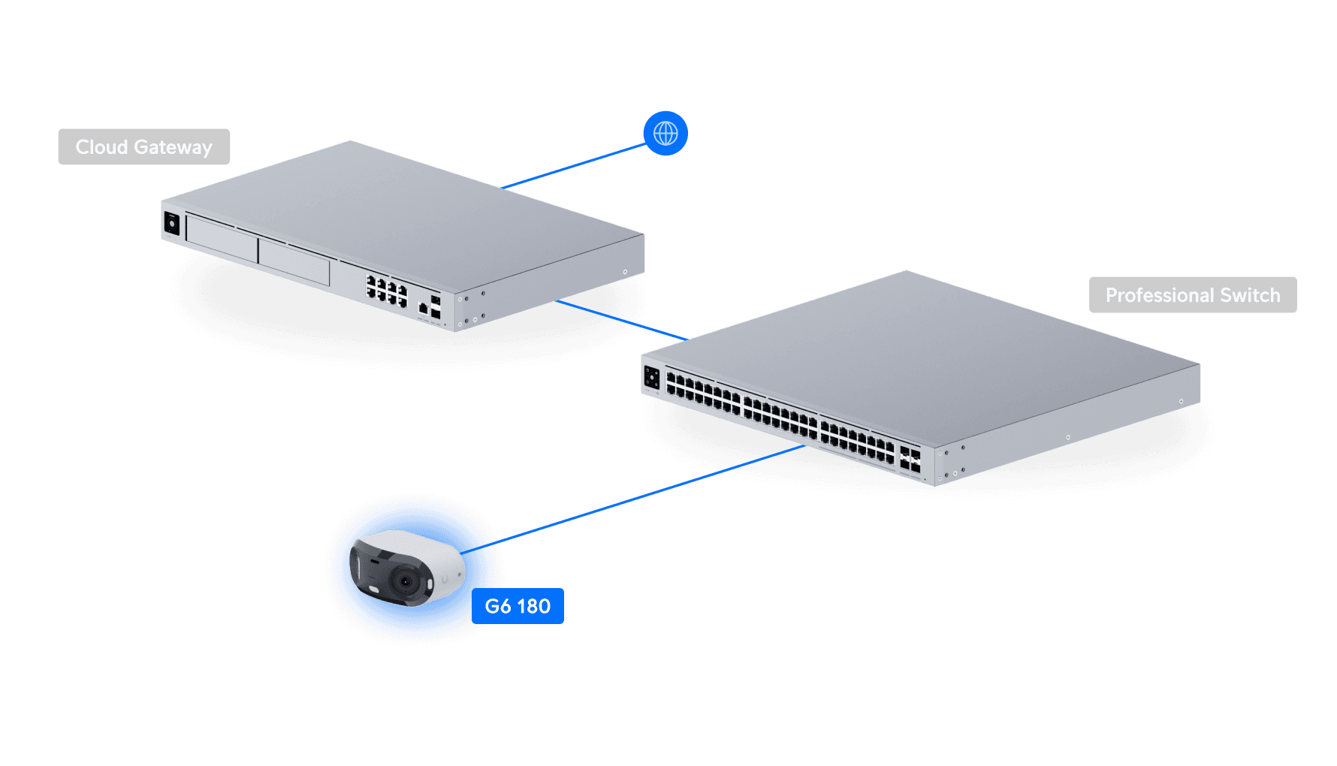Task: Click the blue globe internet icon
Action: [665, 134]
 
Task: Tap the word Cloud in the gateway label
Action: [101, 147]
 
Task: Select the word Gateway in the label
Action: [173, 147]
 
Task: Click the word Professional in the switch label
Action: [1159, 295]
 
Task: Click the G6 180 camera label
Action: [518, 606]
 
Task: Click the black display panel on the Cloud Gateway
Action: [172, 224]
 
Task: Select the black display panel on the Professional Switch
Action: [652, 378]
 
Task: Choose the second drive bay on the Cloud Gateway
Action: [294, 262]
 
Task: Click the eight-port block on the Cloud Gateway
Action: [386, 291]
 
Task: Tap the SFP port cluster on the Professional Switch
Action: [910, 460]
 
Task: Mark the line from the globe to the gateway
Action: [575, 165]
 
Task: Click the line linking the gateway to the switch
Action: [620, 320]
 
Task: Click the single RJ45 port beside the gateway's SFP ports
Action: [423, 308]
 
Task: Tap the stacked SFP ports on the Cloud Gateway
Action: [436, 307]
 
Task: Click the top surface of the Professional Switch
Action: [924, 345]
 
